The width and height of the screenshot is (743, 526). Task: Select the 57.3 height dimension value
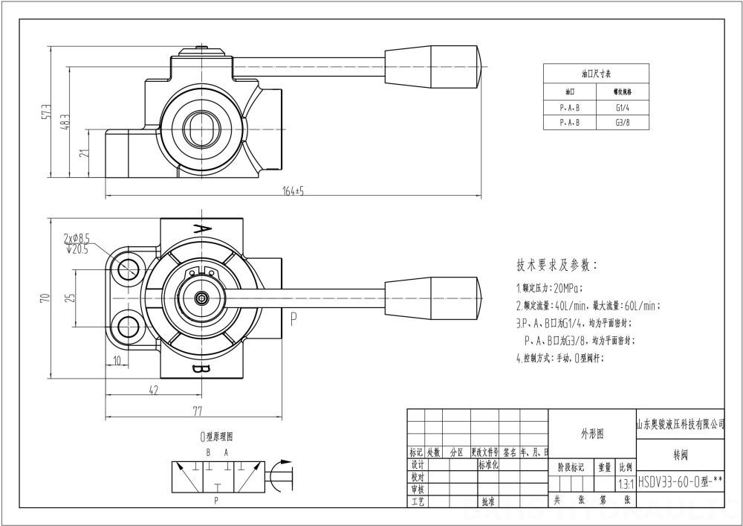46,112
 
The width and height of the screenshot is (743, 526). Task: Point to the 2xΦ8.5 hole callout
77,239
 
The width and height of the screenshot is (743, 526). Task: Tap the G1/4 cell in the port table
622,107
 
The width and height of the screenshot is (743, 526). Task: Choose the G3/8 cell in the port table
622,123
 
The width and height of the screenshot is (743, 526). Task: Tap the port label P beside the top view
294,319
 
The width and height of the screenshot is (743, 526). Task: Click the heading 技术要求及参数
557,265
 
